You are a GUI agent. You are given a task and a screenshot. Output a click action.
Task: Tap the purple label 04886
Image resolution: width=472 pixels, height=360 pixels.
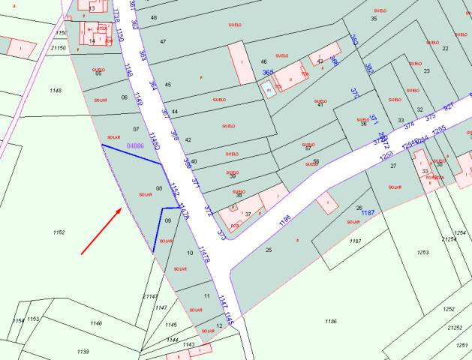pos(136,145)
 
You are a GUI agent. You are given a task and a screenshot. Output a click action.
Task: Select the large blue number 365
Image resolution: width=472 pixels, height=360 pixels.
pos(268,72)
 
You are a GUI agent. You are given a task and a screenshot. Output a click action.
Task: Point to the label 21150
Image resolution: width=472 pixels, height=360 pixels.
pos(59,48)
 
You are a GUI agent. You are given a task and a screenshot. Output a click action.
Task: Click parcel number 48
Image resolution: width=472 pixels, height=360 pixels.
pos(154,17)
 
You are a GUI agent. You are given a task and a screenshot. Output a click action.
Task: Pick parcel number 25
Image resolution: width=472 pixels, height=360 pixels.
pos(269,250)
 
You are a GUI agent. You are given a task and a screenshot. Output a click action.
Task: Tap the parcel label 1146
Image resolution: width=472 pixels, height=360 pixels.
pos(96,323)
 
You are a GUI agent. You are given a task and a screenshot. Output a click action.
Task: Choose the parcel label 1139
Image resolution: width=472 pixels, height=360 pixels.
pos(83,351)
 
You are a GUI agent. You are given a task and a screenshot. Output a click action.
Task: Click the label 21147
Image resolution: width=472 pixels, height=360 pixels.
pos(150,296)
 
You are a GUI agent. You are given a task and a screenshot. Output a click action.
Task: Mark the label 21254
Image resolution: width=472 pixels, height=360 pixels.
pos(449,239)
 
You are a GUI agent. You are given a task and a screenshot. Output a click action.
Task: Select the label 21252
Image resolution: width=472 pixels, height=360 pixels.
pos(454,328)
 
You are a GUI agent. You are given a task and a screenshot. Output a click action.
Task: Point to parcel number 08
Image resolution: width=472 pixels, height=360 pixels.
pos(159,188)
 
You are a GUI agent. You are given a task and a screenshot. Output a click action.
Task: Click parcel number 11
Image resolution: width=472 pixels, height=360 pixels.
pos(206,297)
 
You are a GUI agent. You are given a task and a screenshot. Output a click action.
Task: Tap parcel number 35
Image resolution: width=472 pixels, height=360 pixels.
pos(374,18)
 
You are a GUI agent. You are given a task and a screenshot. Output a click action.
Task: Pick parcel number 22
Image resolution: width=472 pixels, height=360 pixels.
pos(445,49)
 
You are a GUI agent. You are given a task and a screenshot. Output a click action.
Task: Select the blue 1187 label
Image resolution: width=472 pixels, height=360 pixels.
pos(368,213)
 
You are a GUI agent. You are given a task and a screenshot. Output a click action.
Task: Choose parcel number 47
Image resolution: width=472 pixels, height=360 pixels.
pos(163,42)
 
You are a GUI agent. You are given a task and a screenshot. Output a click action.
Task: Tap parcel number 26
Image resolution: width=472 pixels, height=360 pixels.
pos(359,208)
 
